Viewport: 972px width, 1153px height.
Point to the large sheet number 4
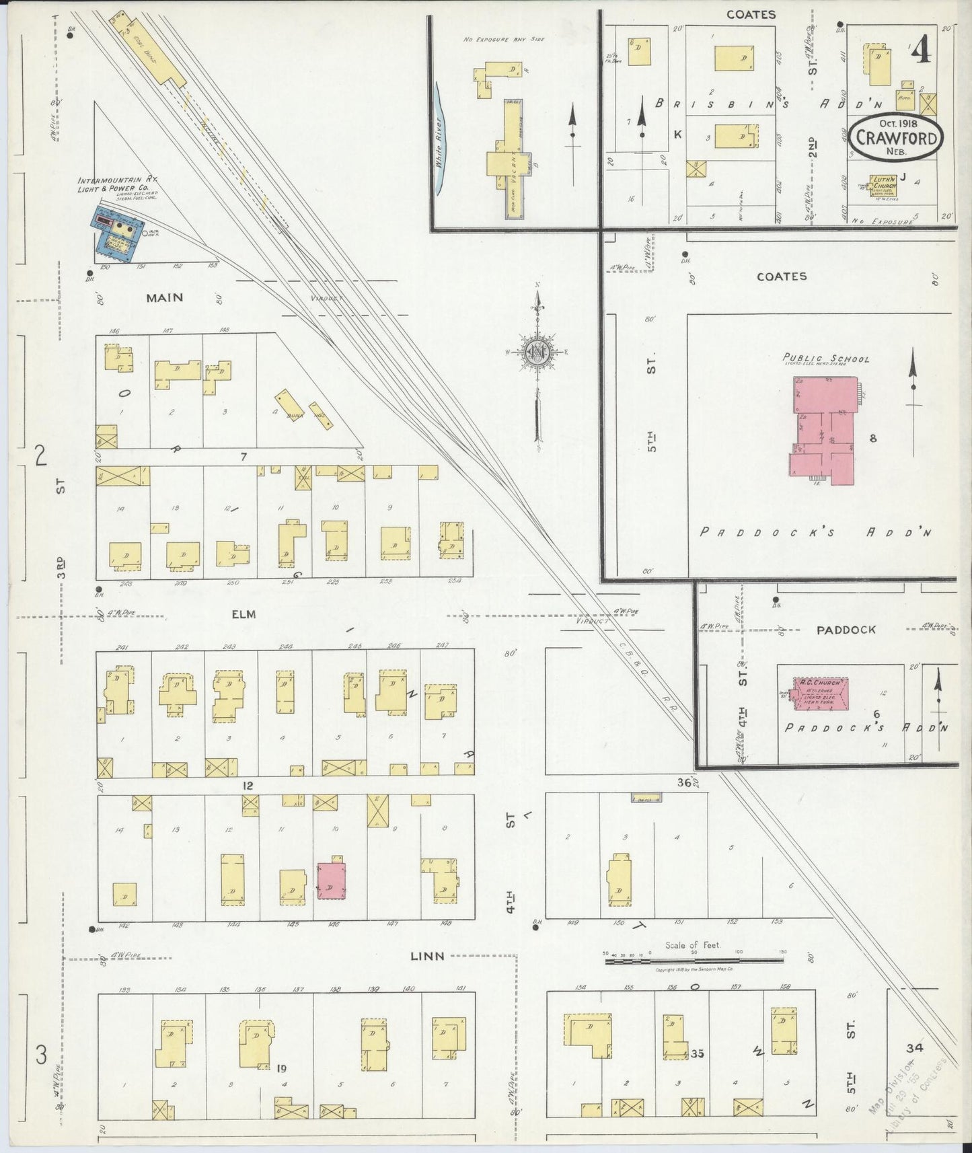pyautogui.click(x=922, y=50)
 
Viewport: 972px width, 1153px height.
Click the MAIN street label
pyautogui.click(x=164, y=297)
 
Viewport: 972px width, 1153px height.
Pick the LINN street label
pyautogui.click(x=428, y=956)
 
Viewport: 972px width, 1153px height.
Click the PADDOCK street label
pyautogui.click(x=846, y=630)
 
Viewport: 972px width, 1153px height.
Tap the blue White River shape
pyautogui.click(x=441, y=138)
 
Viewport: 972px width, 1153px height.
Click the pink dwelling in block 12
pyautogui.click(x=331, y=881)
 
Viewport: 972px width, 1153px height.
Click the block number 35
pyautogui.click(x=697, y=1053)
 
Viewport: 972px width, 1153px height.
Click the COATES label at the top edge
pyautogui.click(x=751, y=14)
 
